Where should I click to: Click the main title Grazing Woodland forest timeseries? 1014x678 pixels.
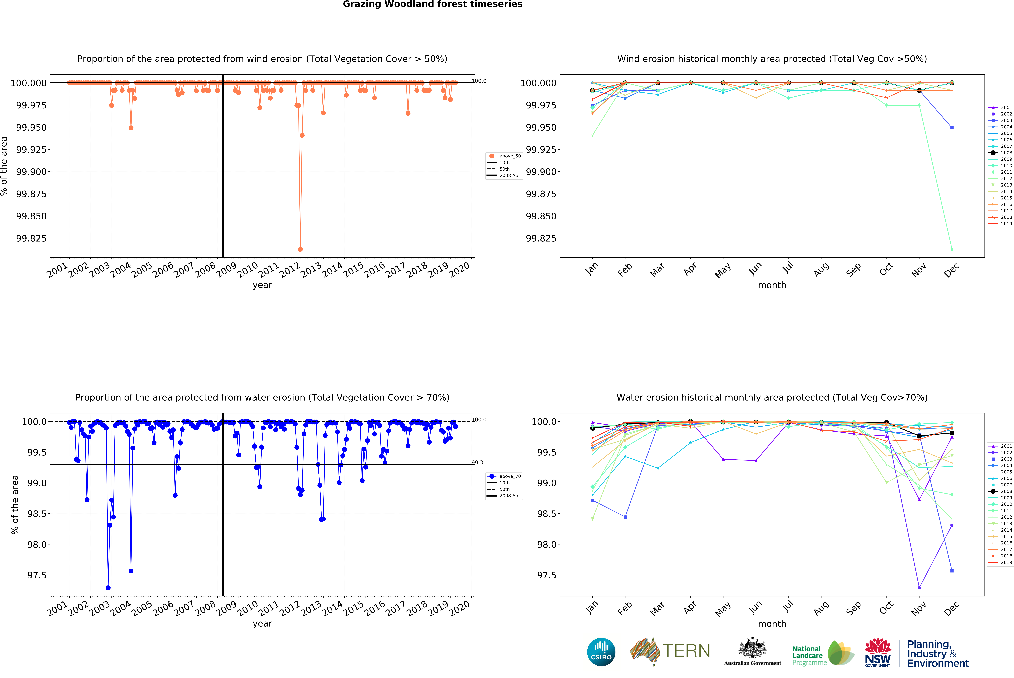(432, 4)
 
